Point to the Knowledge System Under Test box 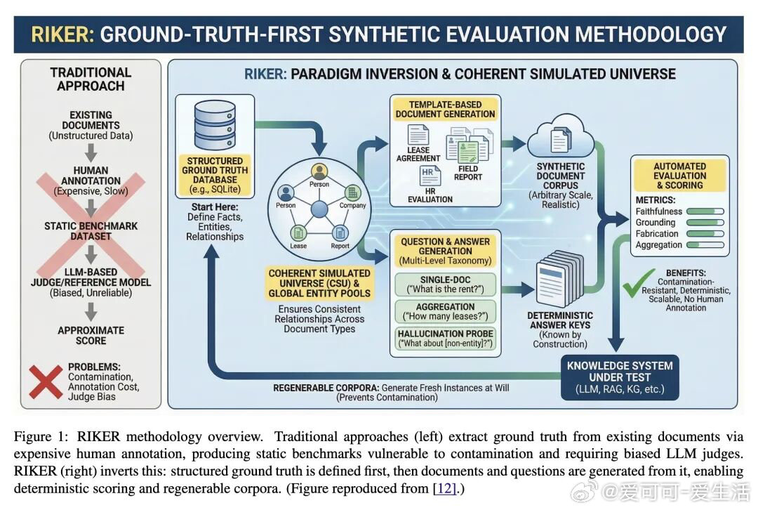(619, 377)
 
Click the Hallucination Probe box (446, 338)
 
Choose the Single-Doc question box (446, 285)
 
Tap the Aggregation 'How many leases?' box (446, 311)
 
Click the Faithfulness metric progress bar (705, 211)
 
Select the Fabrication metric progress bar (705, 233)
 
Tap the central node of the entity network (319, 209)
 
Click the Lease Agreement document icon (418, 135)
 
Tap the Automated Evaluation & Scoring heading (679, 176)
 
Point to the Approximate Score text (91, 335)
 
